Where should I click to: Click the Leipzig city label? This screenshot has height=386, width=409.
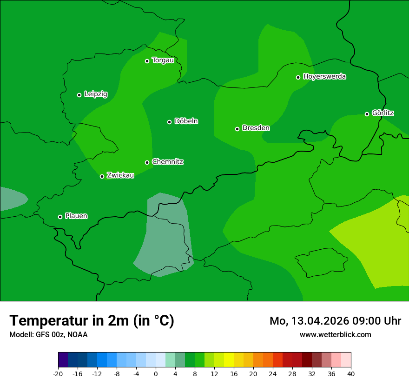click(96, 94)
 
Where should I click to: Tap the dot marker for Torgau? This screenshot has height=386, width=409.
click(147, 61)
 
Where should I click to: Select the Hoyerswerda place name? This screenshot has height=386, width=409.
click(324, 77)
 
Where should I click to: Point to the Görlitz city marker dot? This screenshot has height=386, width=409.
click(367, 114)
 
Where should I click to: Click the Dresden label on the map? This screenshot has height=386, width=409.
click(256, 128)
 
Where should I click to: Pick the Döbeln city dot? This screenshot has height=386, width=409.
click(169, 122)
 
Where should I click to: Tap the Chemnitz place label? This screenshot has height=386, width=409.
click(167, 162)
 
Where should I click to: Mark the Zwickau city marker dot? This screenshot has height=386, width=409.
click(102, 176)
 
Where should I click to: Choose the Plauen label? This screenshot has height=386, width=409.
click(76, 216)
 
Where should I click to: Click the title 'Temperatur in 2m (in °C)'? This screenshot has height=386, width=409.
click(92, 321)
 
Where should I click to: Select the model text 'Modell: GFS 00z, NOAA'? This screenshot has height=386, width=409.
click(48, 335)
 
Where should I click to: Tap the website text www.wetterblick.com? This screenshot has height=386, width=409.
click(335, 335)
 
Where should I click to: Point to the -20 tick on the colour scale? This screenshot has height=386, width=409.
click(58, 373)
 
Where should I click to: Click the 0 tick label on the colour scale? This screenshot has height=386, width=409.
click(156, 373)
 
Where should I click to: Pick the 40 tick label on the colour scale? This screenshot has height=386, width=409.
click(351, 373)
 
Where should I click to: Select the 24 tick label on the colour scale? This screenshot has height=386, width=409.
click(273, 373)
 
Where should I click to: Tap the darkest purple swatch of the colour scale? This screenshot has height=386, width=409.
click(63, 360)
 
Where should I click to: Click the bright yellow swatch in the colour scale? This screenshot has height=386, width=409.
click(229, 360)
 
